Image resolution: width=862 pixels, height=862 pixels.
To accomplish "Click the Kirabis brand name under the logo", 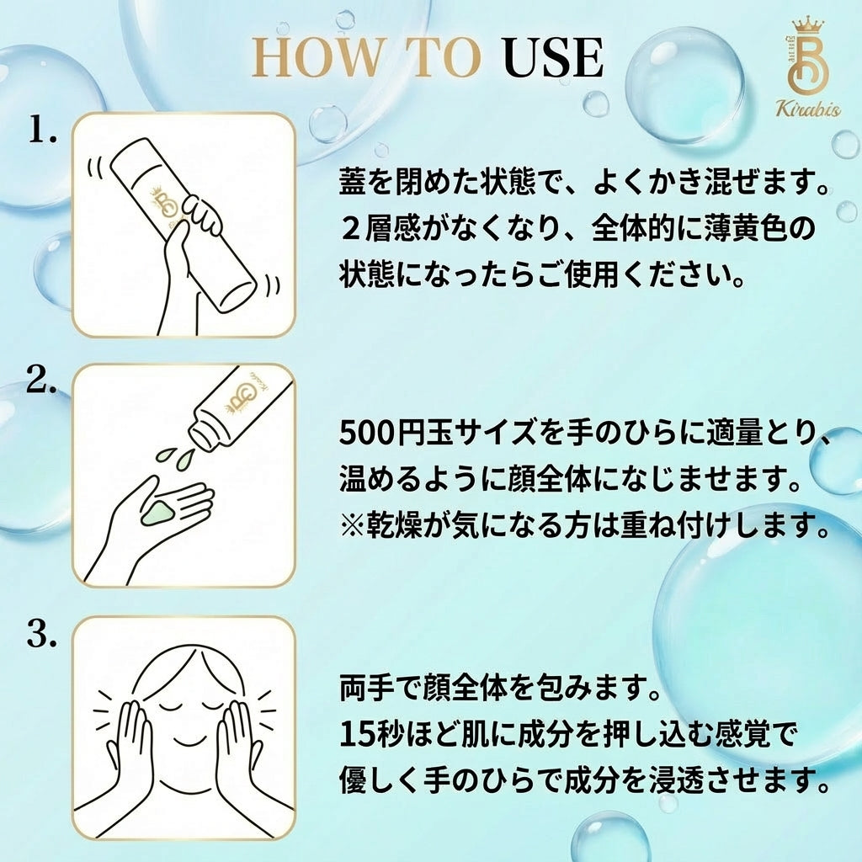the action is (807, 109).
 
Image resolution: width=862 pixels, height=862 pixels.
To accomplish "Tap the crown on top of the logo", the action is (807, 26).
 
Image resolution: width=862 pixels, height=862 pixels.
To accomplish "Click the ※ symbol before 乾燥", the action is (352, 526).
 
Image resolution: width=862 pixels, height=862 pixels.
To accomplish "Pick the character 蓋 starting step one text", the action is (353, 183).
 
